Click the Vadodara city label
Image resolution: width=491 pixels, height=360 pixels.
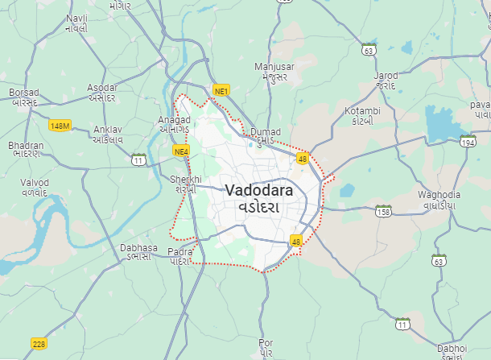[254, 192]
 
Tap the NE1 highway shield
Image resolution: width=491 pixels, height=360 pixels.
[221, 90]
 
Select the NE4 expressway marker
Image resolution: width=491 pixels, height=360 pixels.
[180, 151]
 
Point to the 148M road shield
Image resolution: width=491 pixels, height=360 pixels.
[60, 126]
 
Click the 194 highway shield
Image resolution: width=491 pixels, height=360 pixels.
[468, 142]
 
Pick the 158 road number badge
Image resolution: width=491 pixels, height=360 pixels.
[383, 211]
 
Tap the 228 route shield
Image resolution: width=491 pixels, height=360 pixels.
[39, 344]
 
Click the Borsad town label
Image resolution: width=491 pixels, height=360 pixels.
[24, 93]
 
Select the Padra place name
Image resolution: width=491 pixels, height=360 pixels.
[180, 252]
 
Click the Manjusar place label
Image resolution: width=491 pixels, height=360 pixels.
[274, 66]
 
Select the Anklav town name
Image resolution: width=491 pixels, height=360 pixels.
[108, 129]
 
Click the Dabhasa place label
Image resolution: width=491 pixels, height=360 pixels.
[138, 248]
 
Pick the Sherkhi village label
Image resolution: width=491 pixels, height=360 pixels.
[184, 179]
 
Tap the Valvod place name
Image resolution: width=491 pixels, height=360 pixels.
[35, 183]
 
